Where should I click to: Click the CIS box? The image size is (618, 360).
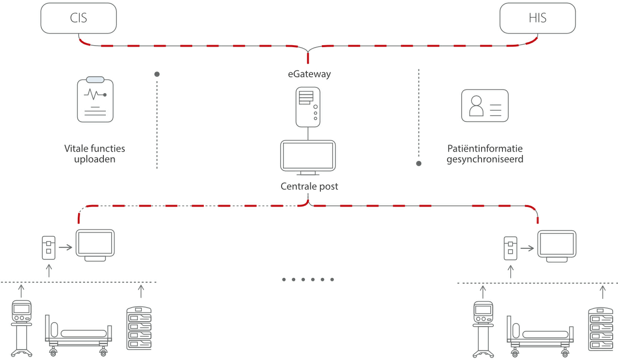click(79, 18)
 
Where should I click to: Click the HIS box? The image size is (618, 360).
click(537, 18)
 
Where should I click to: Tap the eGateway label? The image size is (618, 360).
click(308, 74)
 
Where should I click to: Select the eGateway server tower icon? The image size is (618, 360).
click(308, 107)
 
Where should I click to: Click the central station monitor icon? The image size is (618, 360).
click(308, 157)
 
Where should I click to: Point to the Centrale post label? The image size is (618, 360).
click(309, 187)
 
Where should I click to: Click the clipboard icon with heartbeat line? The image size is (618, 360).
click(95, 100)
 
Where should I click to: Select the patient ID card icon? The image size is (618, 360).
click(484, 105)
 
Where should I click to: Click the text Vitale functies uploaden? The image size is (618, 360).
click(95, 154)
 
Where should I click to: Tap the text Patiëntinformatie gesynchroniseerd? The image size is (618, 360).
click(484, 154)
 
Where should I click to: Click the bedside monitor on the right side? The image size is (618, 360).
click(557, 246)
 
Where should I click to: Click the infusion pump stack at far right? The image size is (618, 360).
click(600, 329)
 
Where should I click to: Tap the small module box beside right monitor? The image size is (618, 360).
click(510, 247)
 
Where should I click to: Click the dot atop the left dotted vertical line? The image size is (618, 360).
click(157, 74)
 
